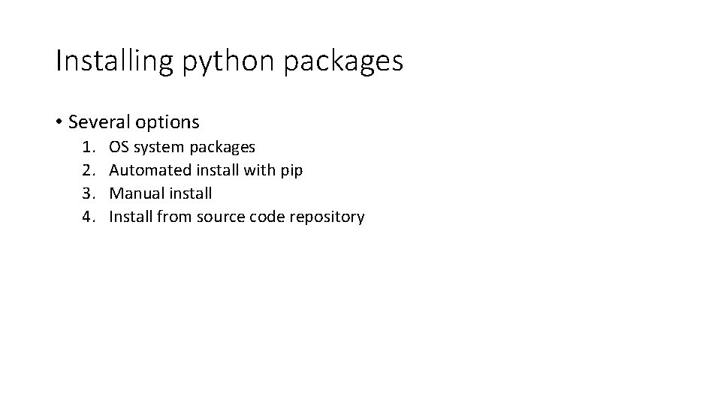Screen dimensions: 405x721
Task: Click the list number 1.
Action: tap(89, 147)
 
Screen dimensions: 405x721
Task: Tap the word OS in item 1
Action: tap(119, 147)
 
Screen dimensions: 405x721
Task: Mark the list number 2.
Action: tap(89, 170)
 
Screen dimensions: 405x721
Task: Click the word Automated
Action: tap(146, 170)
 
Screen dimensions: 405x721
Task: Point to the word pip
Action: tap(292, 171)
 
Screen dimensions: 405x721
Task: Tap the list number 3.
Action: tap(89, 193)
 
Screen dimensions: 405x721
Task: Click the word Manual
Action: tap(133, 193)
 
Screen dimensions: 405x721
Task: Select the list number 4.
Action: tap(89, 217)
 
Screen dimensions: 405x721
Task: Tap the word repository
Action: tap(327, 217)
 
